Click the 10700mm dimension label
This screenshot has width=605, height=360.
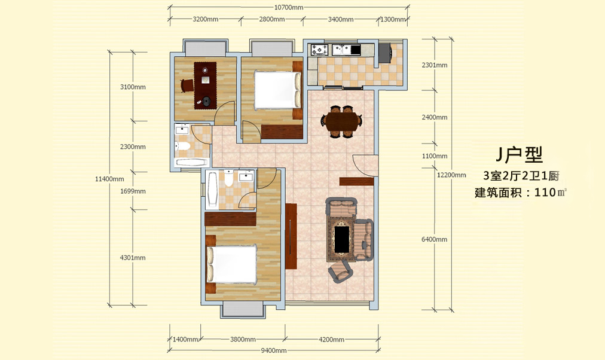point(289,7)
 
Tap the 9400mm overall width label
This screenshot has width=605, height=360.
point(274,350)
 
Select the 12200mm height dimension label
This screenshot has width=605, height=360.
point(451,175)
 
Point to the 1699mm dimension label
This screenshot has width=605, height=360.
point(133,191)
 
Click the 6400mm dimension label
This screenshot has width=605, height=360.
point(434,239)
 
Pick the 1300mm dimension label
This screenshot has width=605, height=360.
point(393,19)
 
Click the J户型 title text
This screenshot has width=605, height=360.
point(520,154)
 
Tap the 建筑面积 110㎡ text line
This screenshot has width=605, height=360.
point(521,192)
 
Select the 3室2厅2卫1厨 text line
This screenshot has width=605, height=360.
point(521,176)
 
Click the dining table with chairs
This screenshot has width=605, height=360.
point(341,121)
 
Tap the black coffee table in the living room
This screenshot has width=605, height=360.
point(341,240)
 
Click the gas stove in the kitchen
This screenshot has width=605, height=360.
point(320,50)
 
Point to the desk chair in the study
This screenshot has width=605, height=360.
point(187,86)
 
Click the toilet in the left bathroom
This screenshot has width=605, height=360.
point(182,146)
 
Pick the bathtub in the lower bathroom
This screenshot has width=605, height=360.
point(212,190)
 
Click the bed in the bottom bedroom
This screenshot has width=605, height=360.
point(231,264)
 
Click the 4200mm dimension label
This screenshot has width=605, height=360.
point(331,340)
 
